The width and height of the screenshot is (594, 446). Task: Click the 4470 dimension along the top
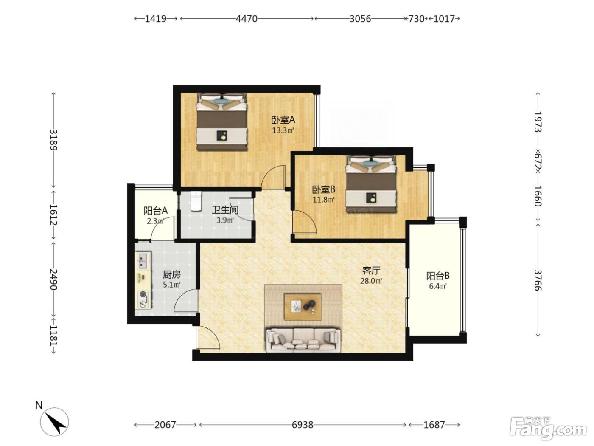(x=247, y=19)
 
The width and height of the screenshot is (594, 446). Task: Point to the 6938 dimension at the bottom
(x=303, y=425)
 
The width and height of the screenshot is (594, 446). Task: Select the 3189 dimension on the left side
(x=53, y=139)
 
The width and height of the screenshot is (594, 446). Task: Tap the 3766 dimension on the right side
(x=538, y=280)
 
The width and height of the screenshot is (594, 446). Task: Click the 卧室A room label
(x=283, y=119)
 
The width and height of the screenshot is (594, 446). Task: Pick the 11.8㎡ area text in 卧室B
(x=324, y=200)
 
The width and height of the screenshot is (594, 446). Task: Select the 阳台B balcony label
(x=438, y=276)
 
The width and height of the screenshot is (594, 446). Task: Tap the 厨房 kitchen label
(x=171, y=275)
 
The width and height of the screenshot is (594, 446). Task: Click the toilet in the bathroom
(x=196, y=201)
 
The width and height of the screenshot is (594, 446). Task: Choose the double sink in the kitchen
(x=143, y=260)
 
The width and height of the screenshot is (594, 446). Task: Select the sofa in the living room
(x=303, y=340)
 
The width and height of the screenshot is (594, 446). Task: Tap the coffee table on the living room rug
(x=303, y=307)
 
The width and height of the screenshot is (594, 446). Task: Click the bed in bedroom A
(x=221, y=121)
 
